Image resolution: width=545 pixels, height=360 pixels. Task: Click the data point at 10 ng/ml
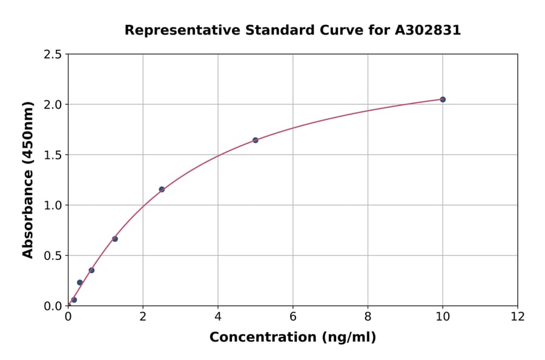point(443,99)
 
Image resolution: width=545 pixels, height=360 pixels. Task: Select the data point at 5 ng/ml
point(256,140)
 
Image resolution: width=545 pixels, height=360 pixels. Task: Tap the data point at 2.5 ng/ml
point(162,189)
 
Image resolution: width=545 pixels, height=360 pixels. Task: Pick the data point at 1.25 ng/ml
point(115,239)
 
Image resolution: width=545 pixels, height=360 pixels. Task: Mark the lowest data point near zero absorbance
point(74,299)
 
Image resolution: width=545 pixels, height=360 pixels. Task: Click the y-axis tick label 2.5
point(53,55)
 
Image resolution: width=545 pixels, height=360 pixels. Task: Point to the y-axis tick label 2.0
point(53,105)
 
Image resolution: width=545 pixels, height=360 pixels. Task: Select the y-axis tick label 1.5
point(53,155)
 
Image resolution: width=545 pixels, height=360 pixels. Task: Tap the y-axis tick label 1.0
point(53,205)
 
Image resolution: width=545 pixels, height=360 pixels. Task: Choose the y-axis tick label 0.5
point(53,256)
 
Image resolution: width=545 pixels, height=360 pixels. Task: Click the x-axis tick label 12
point(518,316)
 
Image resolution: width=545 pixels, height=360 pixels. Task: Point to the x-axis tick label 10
point(443,316)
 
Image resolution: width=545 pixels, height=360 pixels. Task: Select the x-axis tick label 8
point(368,316)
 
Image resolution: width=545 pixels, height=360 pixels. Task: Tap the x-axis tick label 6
point(293,316)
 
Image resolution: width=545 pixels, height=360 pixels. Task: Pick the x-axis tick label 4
point(218,316)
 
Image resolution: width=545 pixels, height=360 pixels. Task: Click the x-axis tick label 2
point(143,316)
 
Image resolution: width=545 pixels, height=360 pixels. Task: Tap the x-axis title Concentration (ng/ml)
point(292,337)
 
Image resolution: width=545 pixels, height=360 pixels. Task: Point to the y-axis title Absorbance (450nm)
point(28,179)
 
